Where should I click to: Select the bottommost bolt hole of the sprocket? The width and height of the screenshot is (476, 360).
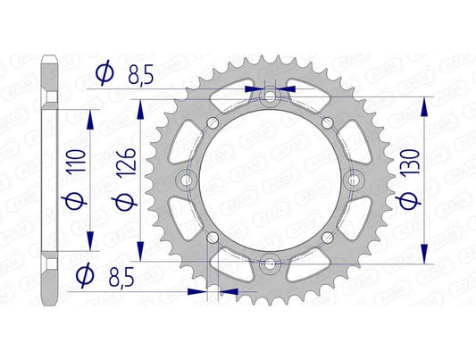(x=270, y=264)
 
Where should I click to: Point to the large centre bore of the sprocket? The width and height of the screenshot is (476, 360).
(x=270, y=180)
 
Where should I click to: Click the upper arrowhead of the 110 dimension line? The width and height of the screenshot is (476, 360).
(x=89, y=115)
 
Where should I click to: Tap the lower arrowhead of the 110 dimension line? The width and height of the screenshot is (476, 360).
(x=89, y=244)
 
